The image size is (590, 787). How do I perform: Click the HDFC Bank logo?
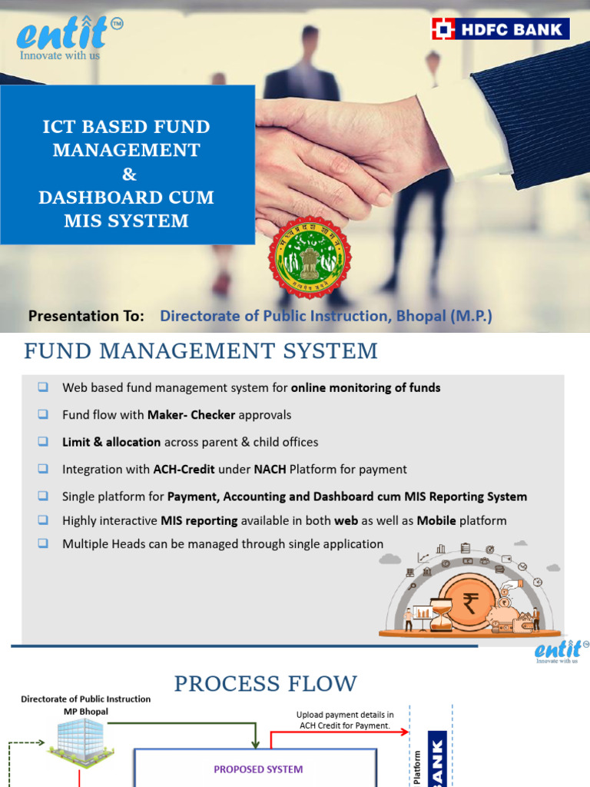coord(500,29)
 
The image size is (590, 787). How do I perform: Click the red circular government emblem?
coord(309,257)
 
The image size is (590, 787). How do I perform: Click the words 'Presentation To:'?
coord(86,316)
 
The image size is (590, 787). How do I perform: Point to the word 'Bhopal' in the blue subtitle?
coord(427,316)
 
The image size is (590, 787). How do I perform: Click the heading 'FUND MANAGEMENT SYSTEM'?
coord(201,352)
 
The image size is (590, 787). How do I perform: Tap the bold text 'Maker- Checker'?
coord(191,415)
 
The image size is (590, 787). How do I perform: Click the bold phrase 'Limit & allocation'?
coord(111,442)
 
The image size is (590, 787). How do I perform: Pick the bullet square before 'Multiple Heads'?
coord(43,543)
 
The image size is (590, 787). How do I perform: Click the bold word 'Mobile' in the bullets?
coord(436,520)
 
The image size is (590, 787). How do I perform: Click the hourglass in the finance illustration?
coord(440,616)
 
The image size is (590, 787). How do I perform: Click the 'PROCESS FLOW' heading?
coord(266,683)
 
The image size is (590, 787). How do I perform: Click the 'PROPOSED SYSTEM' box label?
coord(258,769)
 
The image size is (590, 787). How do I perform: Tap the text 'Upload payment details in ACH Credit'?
coord(345,720)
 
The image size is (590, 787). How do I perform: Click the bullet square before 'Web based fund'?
coord(43,387)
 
